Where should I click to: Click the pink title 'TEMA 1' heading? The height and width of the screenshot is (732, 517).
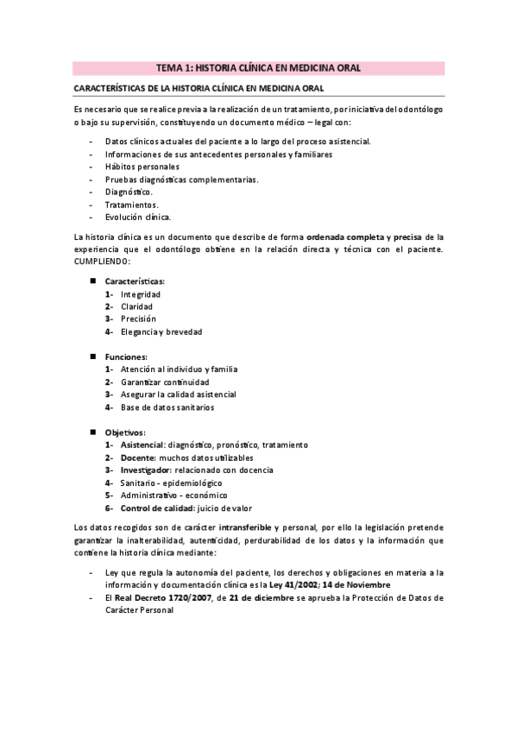(x=258, y=66)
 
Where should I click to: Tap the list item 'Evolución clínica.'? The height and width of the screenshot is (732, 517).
(x=138, y=217)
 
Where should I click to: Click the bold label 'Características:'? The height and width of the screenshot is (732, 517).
(x=136, y=281)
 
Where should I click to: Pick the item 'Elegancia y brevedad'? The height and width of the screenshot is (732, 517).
(x=161, y=331)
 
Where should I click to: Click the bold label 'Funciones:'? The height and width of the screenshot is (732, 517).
(x=126, y=357)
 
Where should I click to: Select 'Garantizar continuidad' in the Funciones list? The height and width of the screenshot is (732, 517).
(x=165, y=382)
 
